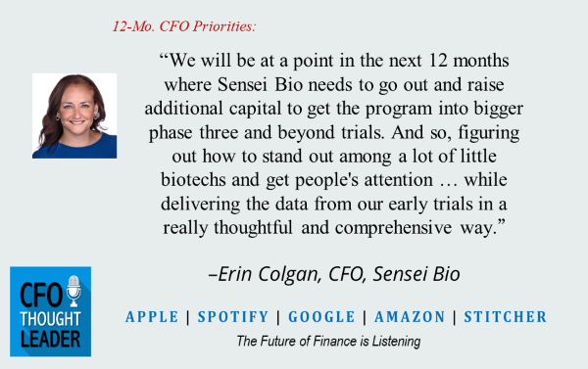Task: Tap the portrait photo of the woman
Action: click(74, 115)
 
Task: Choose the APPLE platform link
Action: click(152, 317)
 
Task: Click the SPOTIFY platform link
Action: click(233, 317)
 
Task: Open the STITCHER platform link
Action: click(505, 317)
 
